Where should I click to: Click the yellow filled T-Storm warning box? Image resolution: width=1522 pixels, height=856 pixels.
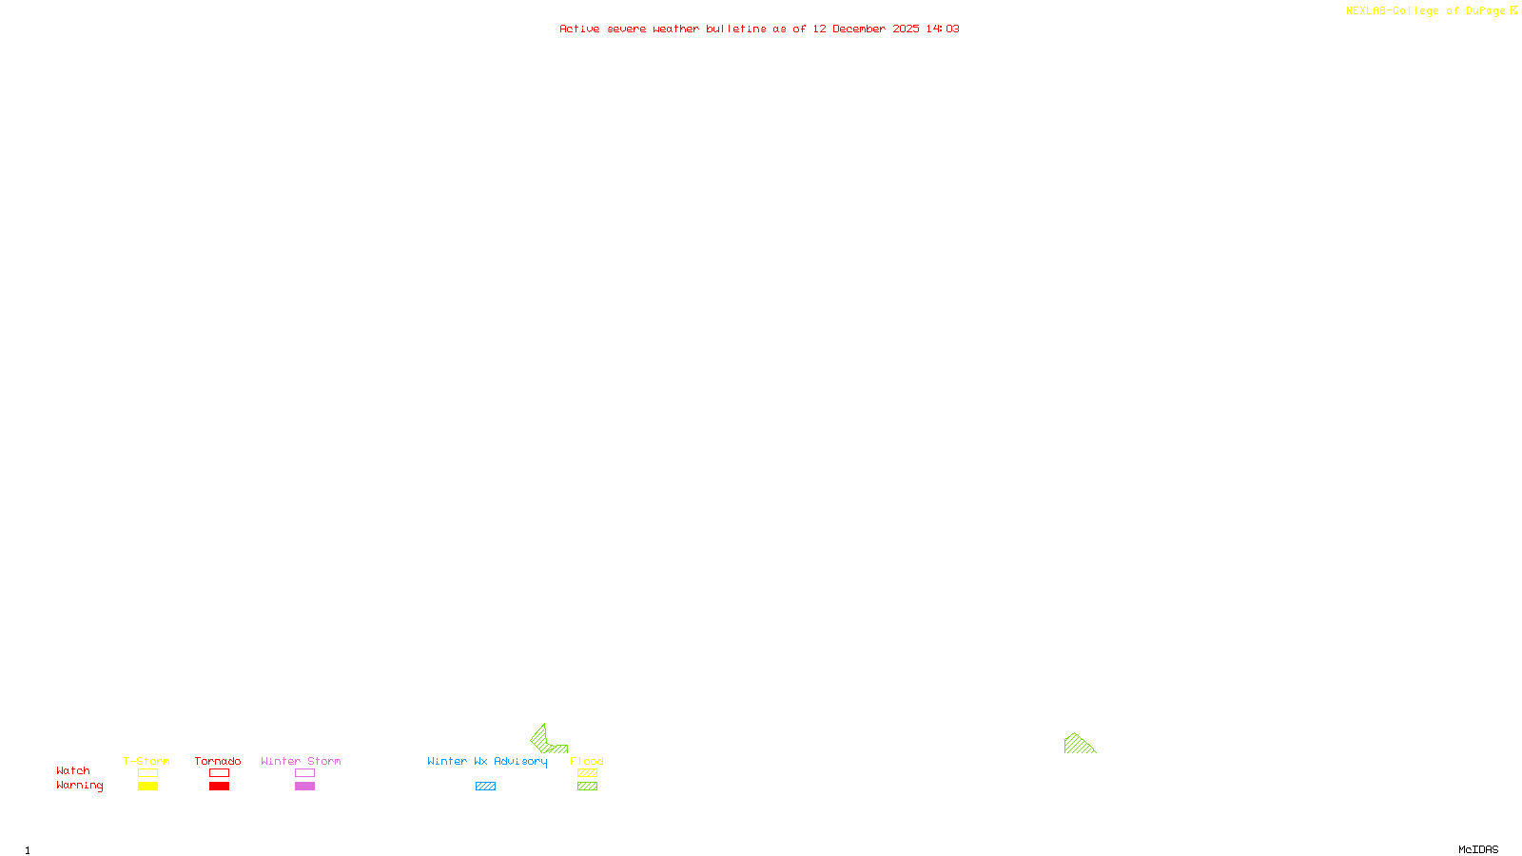tap(147, 787)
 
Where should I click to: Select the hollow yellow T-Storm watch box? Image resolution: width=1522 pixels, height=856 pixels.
tap(147, 773)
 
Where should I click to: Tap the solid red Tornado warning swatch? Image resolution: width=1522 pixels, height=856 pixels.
tap(219, 787)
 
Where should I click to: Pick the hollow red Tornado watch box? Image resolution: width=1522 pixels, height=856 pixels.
tap(219, 773)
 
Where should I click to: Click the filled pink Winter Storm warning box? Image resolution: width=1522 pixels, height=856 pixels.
tap(304, 787)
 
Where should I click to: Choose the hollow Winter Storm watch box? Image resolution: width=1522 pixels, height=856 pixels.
tap(304, 773)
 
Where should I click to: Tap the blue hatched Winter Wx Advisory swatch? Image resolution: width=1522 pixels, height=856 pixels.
tap(485, 787)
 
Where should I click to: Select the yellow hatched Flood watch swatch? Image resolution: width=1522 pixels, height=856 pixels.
tap(587, 773)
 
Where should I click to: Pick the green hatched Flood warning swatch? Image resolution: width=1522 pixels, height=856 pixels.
tap(587, 787)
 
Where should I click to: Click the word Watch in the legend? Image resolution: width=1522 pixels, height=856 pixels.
tap(73, 771)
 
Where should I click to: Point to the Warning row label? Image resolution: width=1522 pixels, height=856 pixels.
tap(79, 786)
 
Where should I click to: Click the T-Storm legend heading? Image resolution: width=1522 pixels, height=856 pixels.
tap(146, 761)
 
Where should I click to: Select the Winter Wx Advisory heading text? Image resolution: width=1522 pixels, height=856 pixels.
tap(487, 761)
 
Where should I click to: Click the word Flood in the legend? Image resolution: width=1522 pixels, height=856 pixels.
tap(587, 761)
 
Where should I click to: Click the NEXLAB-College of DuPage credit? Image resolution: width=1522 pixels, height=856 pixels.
tap(1426, 11)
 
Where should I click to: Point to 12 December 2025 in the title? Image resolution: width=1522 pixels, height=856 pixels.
tap(866, 29)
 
